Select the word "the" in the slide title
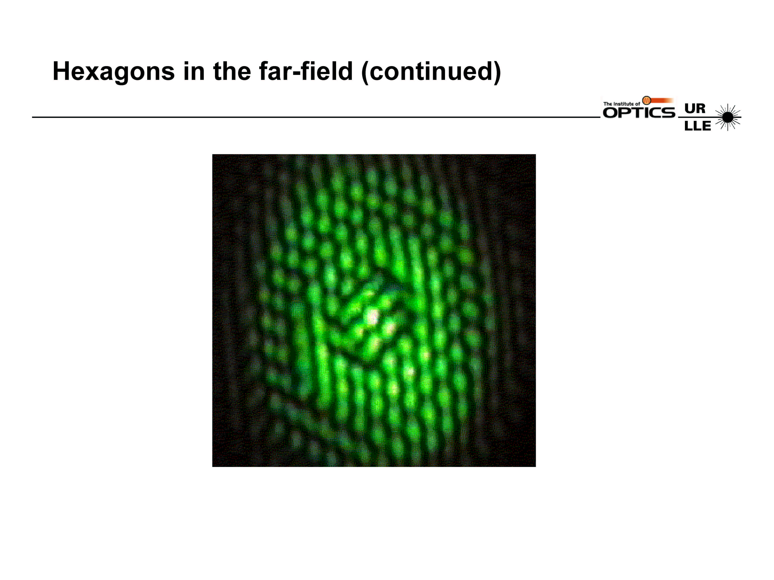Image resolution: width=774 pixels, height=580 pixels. [232, 71]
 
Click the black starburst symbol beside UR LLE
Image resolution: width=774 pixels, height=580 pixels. [728, 117]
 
